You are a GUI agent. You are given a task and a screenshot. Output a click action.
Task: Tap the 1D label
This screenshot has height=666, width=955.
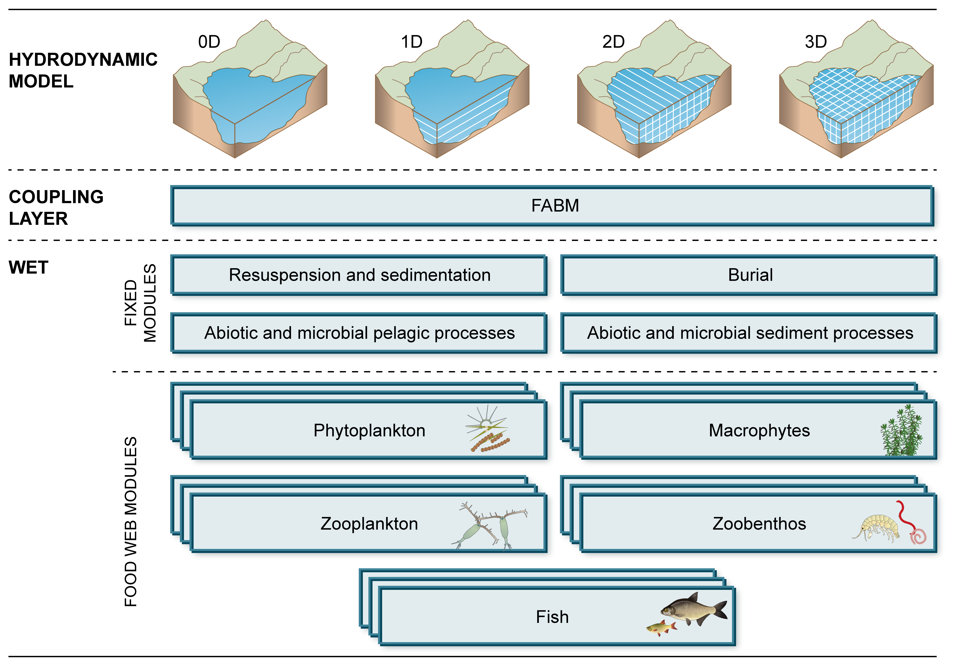[411, 42]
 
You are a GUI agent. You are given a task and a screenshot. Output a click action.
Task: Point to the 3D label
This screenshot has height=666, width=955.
[816, 42]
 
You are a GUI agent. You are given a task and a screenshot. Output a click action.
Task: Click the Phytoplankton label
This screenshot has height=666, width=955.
[369, 431]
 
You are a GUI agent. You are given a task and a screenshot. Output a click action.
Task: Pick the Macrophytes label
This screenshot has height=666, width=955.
[759, 431]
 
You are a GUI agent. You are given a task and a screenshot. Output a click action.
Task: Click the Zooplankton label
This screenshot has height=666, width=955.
[369, 524]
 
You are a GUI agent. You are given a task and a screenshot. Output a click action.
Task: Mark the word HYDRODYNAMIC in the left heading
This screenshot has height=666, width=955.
[83, 60]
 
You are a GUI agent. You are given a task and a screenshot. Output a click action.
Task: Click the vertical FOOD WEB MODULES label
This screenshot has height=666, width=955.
[131, 522]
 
